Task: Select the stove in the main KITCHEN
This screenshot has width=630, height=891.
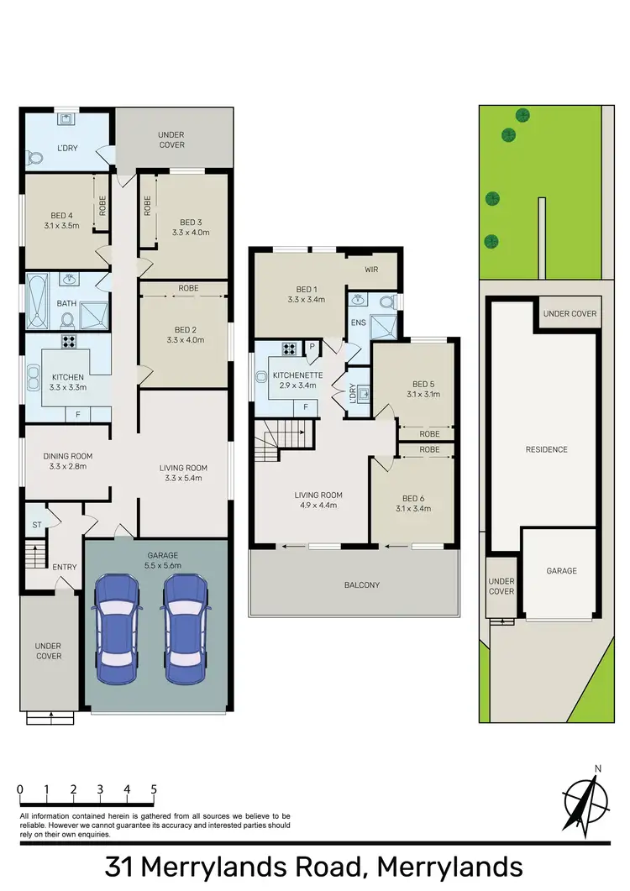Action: [67, 343]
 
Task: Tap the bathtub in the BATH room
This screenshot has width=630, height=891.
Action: [38, 301]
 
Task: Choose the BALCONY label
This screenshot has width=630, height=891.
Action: [354, 584]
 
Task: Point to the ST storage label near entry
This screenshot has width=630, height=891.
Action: [35, 526]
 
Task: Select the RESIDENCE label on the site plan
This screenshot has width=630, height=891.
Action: [548, 449]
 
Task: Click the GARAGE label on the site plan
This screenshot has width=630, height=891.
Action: [562, 571]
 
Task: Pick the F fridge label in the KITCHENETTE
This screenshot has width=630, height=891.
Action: [306, 406]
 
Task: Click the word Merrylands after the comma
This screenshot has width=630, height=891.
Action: [449, 867]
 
